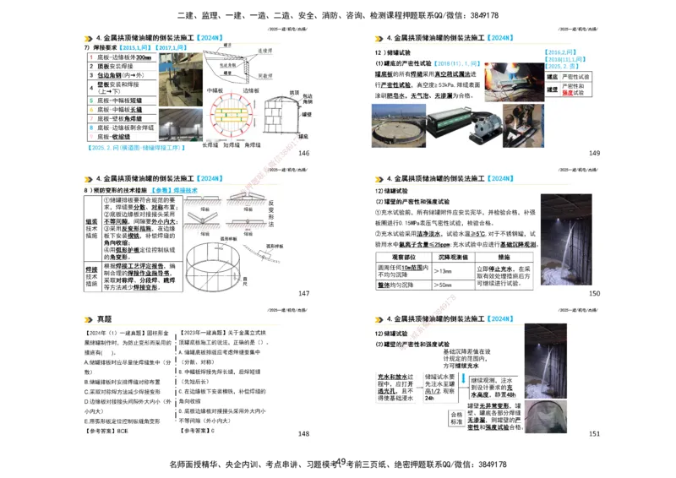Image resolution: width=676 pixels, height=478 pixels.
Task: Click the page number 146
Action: point(304,153)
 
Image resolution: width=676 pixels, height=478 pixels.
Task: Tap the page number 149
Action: point(594,153)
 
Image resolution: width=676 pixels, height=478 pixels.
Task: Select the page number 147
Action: point(304,293)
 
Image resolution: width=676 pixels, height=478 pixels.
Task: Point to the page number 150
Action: point(594,293)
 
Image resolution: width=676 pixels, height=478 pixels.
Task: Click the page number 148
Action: point(304,434)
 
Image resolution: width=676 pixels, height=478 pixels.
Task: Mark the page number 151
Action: point(594,434)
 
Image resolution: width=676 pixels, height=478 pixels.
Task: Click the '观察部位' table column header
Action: point(401,257)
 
